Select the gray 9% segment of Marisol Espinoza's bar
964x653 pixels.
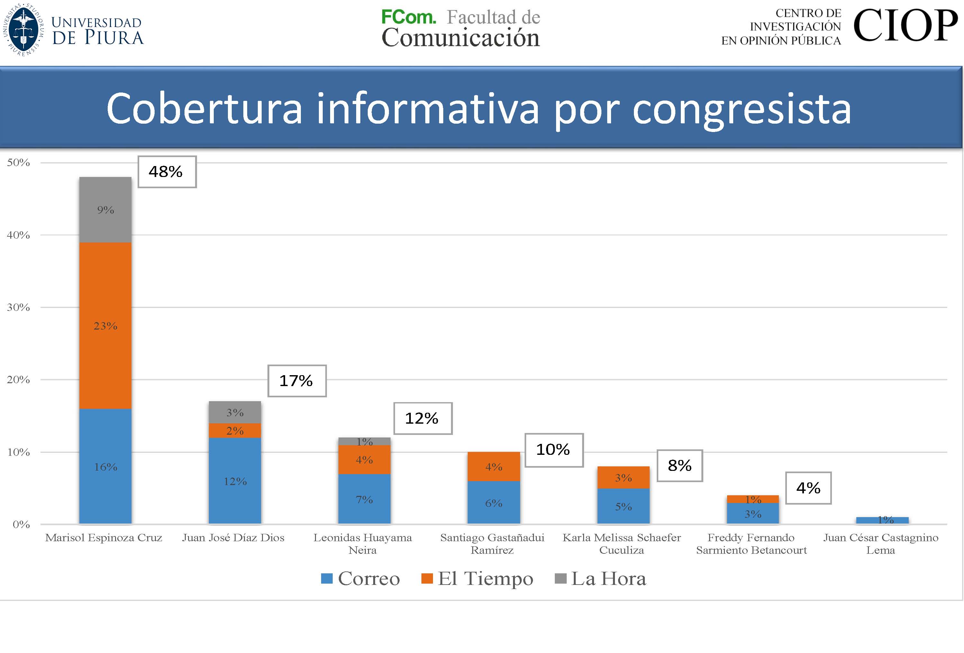105,210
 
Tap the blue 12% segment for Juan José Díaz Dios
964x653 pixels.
235,481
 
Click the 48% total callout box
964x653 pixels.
167,172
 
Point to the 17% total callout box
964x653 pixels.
297,381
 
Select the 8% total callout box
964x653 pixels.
680,466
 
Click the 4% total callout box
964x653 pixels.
808,488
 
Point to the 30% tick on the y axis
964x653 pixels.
18,307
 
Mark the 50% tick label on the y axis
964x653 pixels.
18,163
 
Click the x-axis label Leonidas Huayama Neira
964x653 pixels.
363,543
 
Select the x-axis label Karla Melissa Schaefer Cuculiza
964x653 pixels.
621,543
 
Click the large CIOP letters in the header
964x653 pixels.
905,26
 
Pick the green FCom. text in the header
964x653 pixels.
408,17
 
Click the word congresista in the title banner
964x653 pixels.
741,109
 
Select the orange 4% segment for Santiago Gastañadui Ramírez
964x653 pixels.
494,466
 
